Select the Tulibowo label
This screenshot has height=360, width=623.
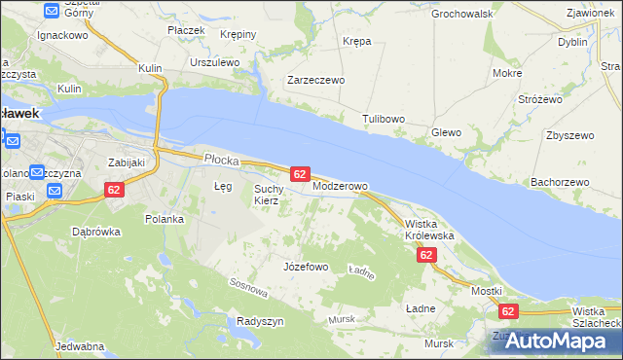(x=384, y=119)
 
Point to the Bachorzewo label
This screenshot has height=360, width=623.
(x=560, y=182)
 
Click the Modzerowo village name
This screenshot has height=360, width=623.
(x=340, y=186)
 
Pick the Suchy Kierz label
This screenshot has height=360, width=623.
(x=268, y=195)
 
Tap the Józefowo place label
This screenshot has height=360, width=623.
(x=305, y=266)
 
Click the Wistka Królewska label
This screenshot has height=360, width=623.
(x=429, y=230)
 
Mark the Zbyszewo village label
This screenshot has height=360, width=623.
(x=569, y=135)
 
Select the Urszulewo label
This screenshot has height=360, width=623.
(x=215, y=61)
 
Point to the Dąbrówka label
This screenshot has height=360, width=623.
(x=95, y=232)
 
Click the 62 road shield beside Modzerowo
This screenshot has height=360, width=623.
(x=300, y=174)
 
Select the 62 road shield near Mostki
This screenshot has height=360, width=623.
(x=508, y=311)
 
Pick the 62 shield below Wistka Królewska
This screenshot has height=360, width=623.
(x=426, y=255)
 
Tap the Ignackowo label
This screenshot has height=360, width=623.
(x=62, y=34)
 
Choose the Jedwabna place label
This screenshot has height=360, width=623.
(x=80, y=346)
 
